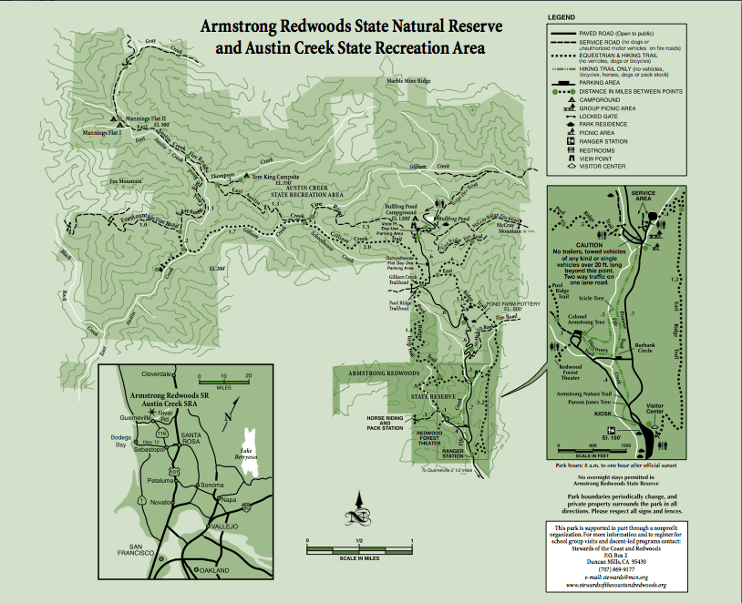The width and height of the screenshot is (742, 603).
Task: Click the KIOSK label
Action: click(603, 412)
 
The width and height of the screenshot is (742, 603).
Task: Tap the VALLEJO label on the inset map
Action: click(224, 526)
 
